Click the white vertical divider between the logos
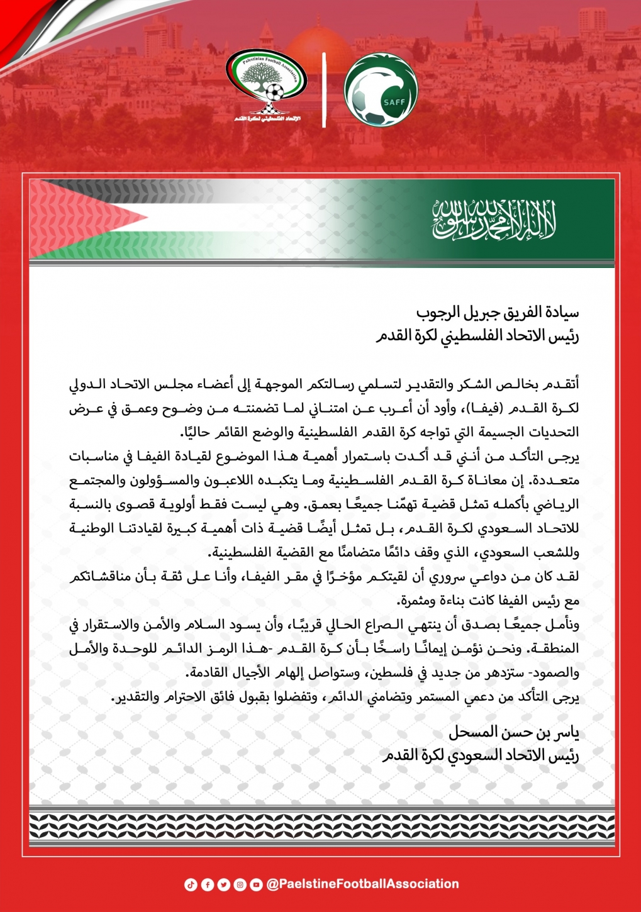tap(325, 89)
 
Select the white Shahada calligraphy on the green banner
tap(494, 220)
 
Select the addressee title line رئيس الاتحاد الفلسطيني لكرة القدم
tap(477, 336)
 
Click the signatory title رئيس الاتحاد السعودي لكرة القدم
tap(481, 755)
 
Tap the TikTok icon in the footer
tap(191, 884)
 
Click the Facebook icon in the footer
tap(207, 884)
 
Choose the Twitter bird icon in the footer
tap(223, 884)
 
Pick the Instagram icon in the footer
tap(240, 884)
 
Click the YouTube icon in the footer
tap(256, 884)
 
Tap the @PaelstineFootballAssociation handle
tap(362, 884)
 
